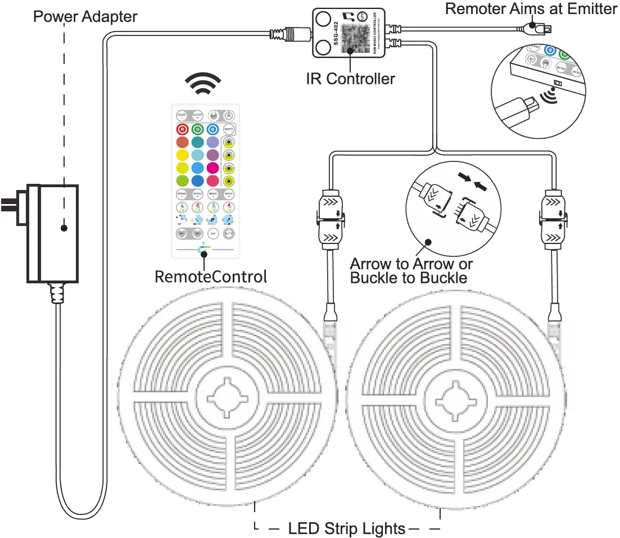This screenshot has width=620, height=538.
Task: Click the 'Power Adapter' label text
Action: pyautogui.click(x=85, y=16)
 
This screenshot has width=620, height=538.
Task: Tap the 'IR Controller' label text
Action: pyautogui.click(x=350, y=79)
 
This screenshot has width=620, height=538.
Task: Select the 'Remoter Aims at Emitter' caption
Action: pyautogui.click(x=531, y=9)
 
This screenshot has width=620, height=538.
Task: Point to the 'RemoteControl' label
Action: pyautogui.click(x=210, y=277)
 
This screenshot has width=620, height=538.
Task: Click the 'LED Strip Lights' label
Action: pyautogui.click(x=346, y=528)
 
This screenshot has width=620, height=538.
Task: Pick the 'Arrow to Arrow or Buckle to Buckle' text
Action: pyautogui.click(x=411, y=270)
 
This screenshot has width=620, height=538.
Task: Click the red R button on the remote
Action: pyautogui.click(x=182, y=128)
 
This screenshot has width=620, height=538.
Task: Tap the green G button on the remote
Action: pyautogui.click(x=197, y=128)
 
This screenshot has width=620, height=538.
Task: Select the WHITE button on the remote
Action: pyautogui.click(x=228, y=128)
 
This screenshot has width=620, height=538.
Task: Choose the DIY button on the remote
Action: pyautogui.click(x=213, y=233)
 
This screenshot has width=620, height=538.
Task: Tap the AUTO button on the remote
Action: pyautogui.click(x=228, y=233)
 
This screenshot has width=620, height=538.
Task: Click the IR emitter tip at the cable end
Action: pyautogui.click(x=542, y=26)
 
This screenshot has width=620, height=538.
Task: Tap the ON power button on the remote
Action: pyautogui.click(x=228, y=115)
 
